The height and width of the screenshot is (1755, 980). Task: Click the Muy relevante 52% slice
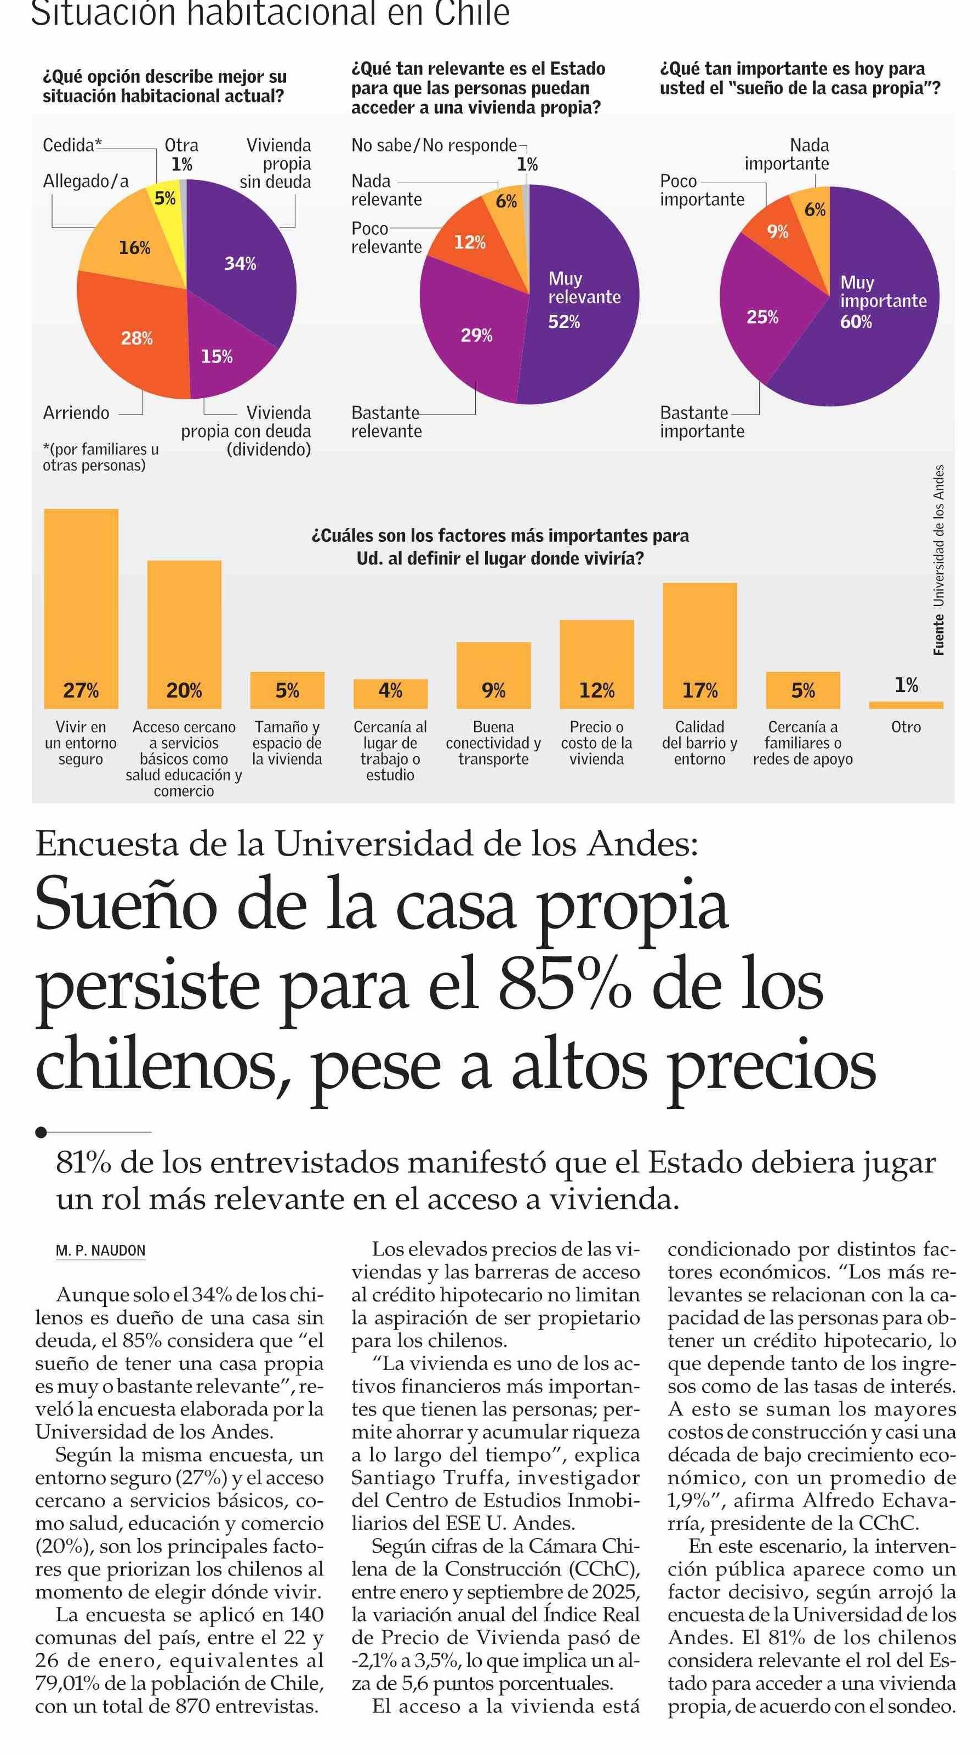click(582, 300)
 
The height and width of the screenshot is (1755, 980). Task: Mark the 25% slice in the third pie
click(763, 317)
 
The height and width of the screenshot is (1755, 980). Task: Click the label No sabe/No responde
click(434, 145)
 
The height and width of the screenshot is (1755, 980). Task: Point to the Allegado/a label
click(86, 181)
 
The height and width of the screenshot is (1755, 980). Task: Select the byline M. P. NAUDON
click(101, 1250)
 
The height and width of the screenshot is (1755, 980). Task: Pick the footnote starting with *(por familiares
click(100, 457)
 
